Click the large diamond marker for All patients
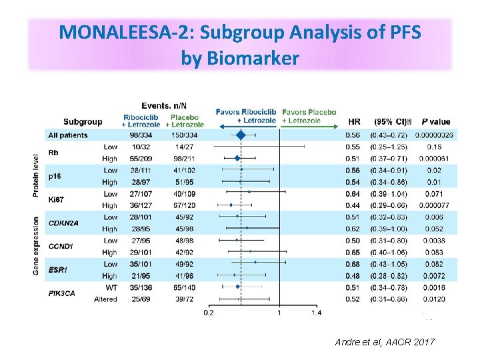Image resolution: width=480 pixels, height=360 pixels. pyautogui.click(x=241, y=135)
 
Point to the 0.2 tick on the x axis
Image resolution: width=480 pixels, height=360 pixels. pyautogui.click(x=209, y=312)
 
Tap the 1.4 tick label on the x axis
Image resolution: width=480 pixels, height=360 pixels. pyautogui.click(x=315, y=312)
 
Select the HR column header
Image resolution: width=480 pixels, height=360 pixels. pyautogui.click(x=355, y=122)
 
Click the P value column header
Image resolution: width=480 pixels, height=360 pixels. pyautogui.click(x=435, y=122)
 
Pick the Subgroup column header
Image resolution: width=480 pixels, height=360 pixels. pyautogui.click(x=83, y=121)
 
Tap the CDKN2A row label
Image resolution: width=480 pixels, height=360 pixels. pyautogui.click(x=63, y=223)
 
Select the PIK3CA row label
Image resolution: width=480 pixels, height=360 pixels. pyautogui.click(x=61, y=293)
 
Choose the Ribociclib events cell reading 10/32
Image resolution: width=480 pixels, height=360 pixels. pyautogui.click(x=141, y=147)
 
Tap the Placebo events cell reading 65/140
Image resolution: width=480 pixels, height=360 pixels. pyautogui.click(x=182, y=287)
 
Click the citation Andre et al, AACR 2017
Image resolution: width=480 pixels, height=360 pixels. pyautogui.click(x=385, y=342)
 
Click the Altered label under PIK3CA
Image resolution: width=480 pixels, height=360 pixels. pyautogui.click(x=105, y=299)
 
